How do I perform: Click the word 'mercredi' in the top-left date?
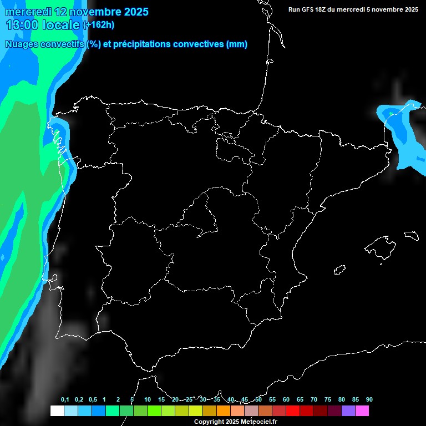27,12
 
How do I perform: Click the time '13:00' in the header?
22,25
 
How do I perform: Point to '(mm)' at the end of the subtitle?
237,44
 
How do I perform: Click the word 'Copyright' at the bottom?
209,422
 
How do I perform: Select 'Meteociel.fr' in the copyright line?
258,422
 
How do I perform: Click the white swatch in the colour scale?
57,411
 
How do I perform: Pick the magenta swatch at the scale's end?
362,411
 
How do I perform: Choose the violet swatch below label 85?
348,411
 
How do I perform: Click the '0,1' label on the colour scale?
65,400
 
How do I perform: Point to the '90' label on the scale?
369,400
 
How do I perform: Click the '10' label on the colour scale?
148,400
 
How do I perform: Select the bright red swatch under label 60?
293,411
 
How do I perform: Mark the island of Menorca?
411,235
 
